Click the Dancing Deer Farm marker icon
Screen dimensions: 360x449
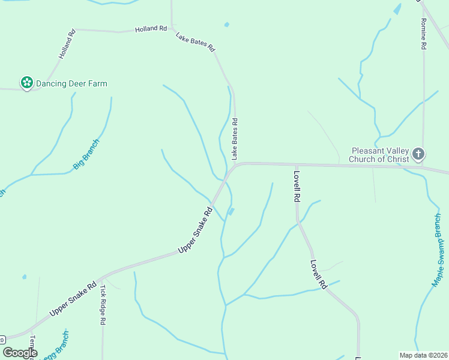click(26, 83)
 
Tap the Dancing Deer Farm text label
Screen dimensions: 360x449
click(71, 83)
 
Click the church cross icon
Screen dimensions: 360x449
click(418, 154)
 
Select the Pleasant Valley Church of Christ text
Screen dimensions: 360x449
click(381, 155)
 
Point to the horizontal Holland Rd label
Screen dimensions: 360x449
click(151, 28)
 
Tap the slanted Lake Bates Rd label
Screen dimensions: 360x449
click(195, 42)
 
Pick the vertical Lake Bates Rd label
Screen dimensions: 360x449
click(235, 139)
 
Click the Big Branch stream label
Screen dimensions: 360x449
click(86, 154)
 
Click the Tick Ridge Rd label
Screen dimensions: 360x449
click(103, 305)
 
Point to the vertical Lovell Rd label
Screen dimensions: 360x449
click(297, 186)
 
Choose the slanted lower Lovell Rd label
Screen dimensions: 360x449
click(318, 274)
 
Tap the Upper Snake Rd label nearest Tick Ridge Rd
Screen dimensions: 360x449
click(73, 299)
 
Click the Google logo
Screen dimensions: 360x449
click(20, 352)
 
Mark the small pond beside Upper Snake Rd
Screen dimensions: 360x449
click(231, 211)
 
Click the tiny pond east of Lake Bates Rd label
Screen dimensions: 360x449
click(226, 25)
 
